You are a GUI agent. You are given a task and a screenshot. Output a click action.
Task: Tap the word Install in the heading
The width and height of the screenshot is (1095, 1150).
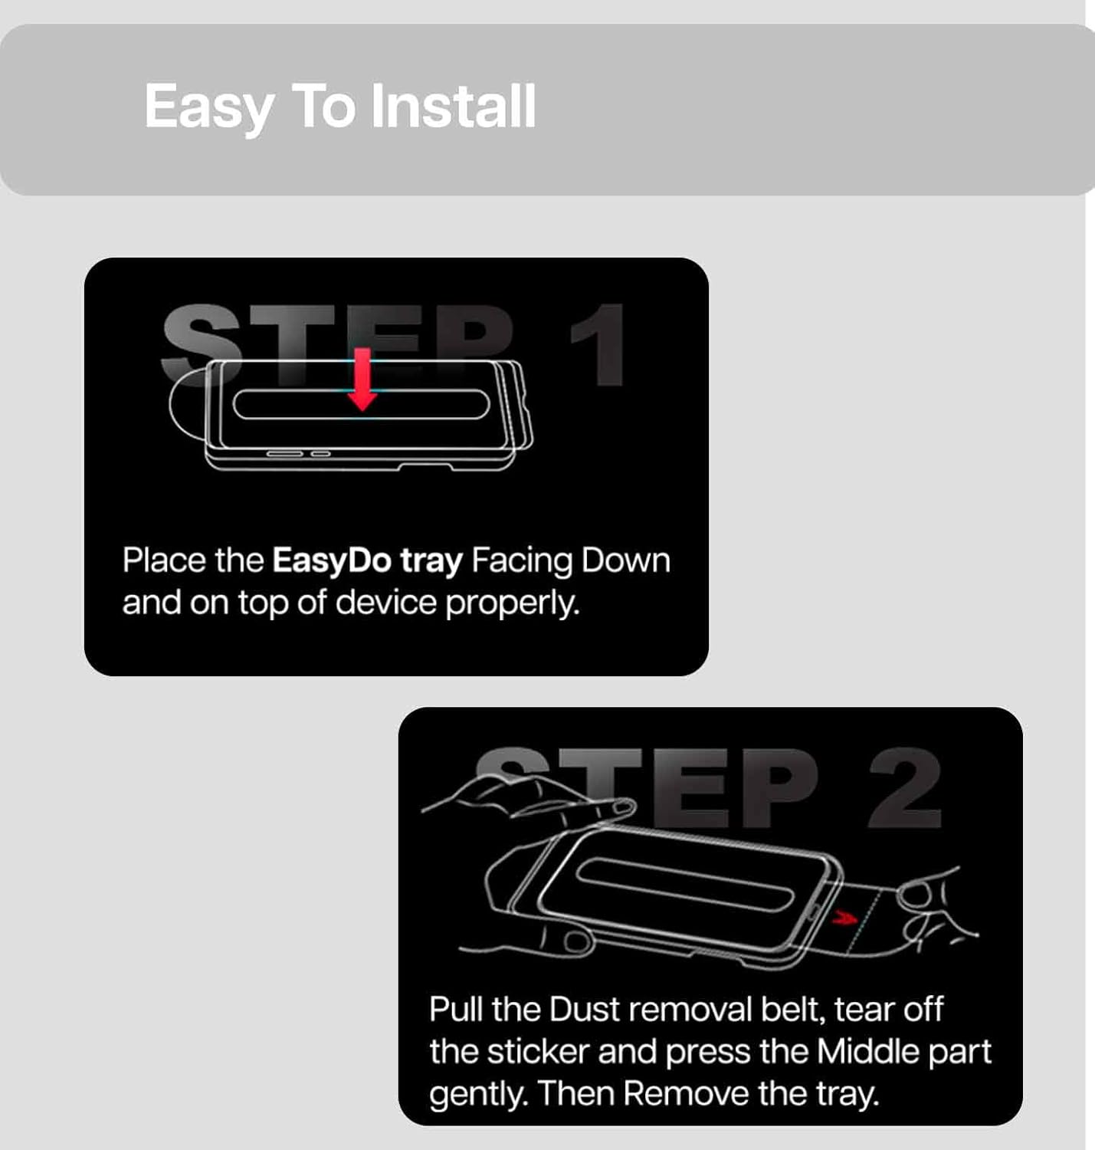pyautogui.click(x=454, y=106)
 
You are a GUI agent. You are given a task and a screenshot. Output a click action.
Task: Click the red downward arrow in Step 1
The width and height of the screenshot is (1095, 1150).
pyautogui.click(x=362, y=379)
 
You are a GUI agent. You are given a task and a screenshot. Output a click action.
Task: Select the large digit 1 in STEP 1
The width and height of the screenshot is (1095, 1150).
pyautogui.click(x=598, y=345)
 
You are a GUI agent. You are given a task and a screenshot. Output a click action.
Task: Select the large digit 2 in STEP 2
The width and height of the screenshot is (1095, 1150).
pyautogui.click(x=904, y=787)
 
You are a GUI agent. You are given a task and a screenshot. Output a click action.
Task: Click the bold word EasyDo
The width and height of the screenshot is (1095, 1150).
pyautogui.click(x=332, y=560)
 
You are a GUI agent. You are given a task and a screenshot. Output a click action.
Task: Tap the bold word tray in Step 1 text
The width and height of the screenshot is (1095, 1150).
pyautogui.click(x=431, y=561)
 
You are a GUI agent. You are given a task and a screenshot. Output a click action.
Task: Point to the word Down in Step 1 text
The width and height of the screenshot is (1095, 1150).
pyautogui.click(x=625, y=560)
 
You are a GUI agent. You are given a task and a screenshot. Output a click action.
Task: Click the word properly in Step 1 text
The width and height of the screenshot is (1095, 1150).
pyautogui.click(x=512, y=603)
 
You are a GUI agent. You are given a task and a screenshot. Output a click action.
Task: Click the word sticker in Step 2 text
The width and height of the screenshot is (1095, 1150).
pyautogui.click(x=539, y=1051)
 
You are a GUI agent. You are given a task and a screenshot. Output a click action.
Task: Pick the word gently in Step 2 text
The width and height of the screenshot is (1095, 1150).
pyautogui.click(x=476, y=1095)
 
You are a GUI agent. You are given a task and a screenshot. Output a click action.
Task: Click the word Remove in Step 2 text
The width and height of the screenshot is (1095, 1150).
pyautogui.click(x=687, y=1093)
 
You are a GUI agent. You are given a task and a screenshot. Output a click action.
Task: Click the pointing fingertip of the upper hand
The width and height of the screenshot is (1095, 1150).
pyautogui.click(x=623, y=808)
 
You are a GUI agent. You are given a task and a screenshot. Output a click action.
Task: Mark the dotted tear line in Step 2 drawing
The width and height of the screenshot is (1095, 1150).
pyautogui.click(x=864, y=922)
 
